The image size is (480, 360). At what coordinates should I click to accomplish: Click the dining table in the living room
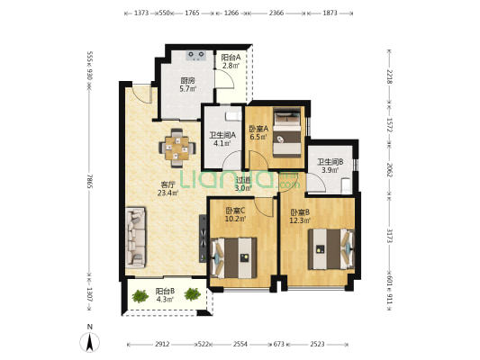(177, 148)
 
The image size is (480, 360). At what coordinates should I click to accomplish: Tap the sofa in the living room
(135, 238)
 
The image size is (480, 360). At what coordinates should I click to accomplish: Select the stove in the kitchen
(196, 56)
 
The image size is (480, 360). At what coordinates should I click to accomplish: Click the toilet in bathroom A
(233, 116)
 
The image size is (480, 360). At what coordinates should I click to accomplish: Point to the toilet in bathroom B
(346, 185)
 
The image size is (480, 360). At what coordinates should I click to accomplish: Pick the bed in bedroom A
(287, 133)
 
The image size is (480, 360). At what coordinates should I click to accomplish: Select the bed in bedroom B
(331, 249)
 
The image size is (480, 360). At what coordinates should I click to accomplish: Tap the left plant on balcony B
(140, 296)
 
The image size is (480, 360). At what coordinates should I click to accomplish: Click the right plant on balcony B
(193, 294)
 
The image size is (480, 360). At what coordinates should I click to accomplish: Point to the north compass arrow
(89, 342)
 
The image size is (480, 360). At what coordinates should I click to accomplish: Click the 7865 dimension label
(89, 182)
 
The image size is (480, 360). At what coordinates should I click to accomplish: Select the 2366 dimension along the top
(276, 13)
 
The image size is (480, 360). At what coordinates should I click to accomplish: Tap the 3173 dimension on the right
(389, 236)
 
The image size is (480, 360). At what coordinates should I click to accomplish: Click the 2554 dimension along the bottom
(240, 344)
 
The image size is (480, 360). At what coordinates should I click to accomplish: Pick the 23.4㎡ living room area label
(168, 193)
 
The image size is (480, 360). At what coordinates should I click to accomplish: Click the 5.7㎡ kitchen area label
(187, 89)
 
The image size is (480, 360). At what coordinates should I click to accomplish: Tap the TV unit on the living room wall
(203, 238)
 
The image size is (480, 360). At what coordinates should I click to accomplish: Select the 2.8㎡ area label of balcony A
(231, 65)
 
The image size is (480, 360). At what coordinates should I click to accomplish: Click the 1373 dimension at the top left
(141, 13)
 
